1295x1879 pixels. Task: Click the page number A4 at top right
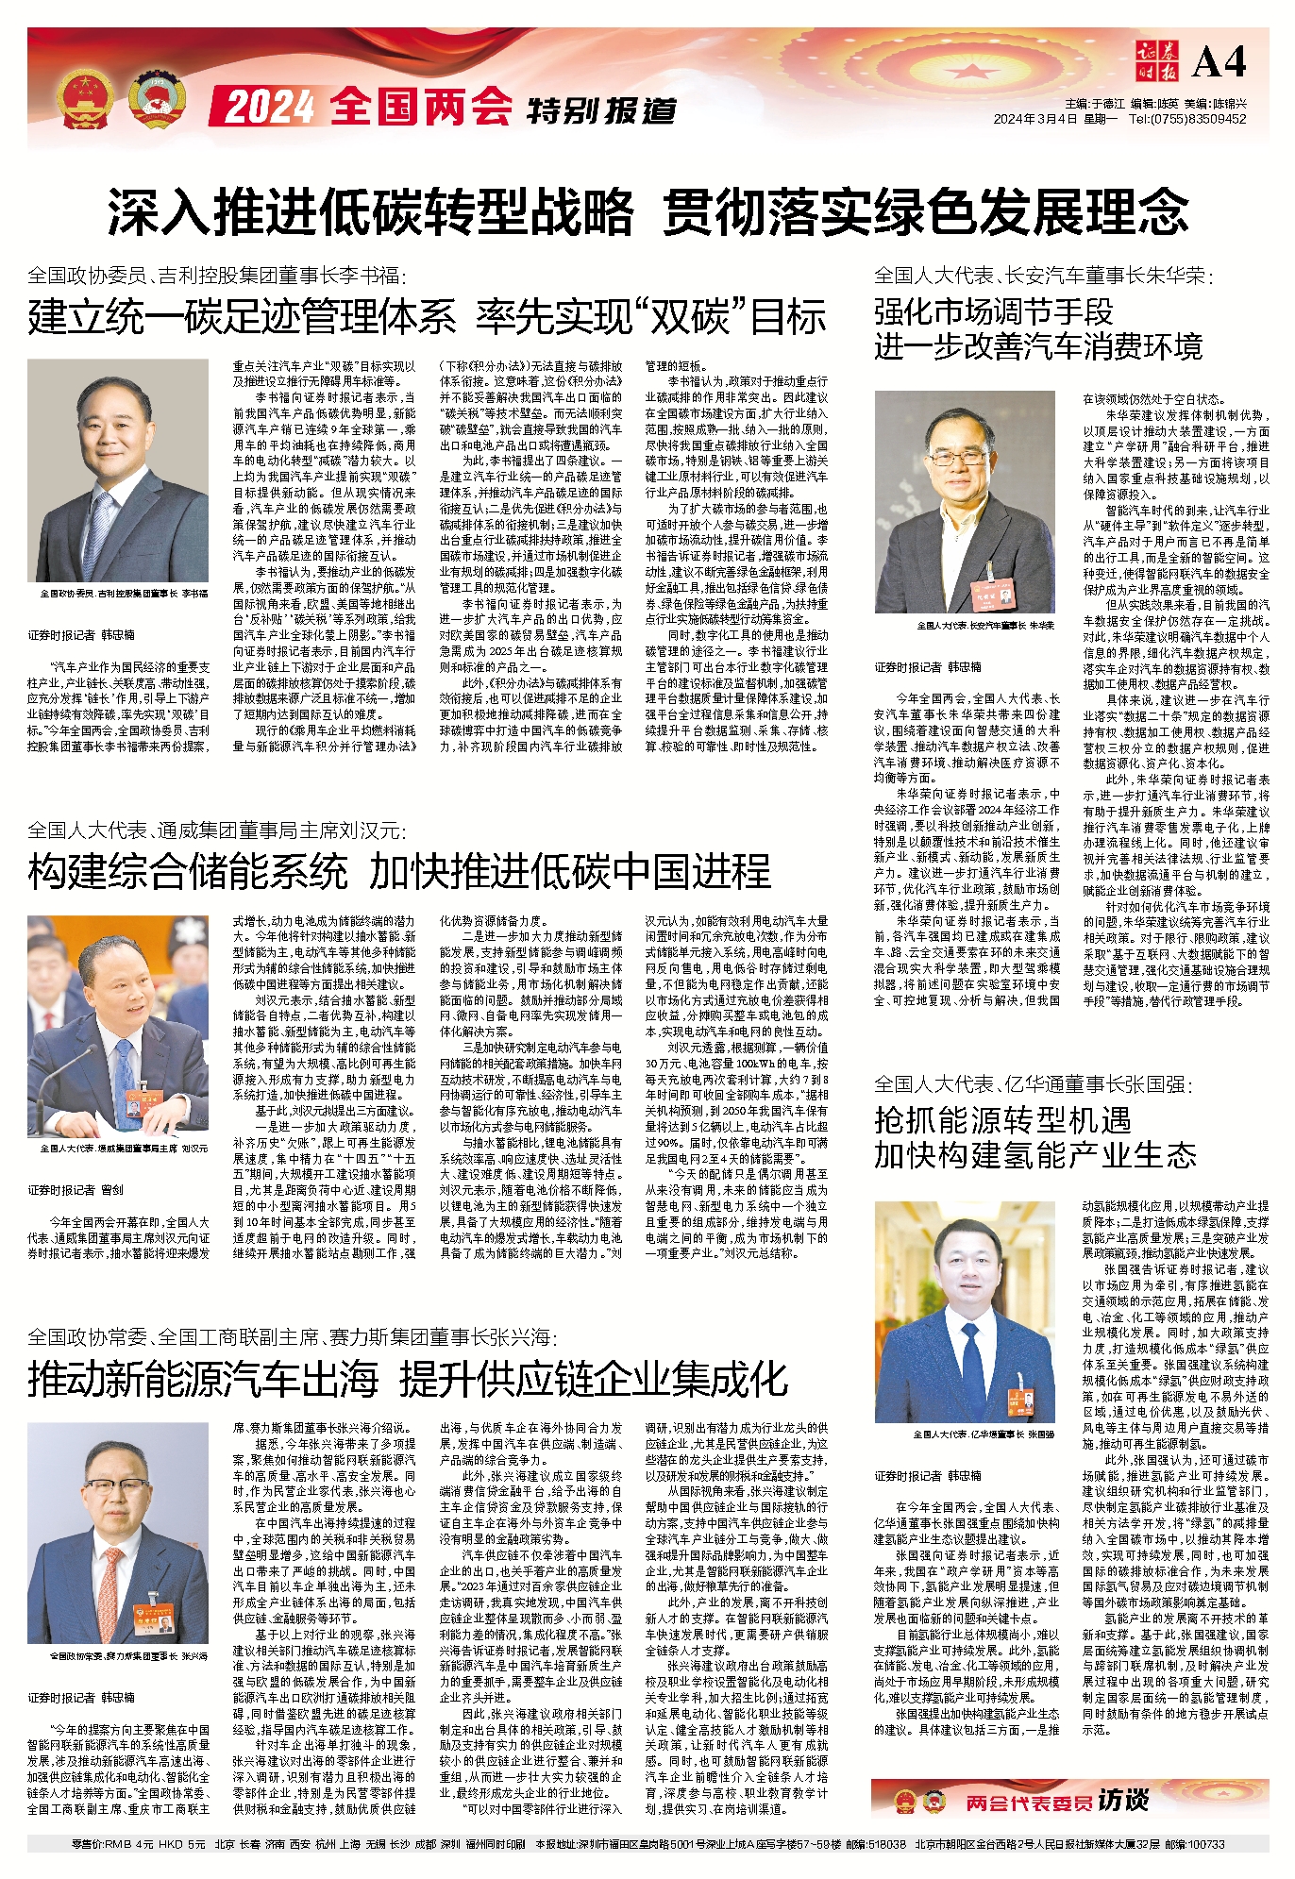point(1219,62)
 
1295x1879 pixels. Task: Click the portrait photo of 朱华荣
point(965,502)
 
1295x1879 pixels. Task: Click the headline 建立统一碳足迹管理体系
point(242,317)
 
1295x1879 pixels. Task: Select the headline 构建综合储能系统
point(188,871)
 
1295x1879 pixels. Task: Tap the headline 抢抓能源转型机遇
point(1002,1120)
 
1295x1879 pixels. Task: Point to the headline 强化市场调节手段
point(993,311)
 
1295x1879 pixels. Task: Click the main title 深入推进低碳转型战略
point(370,210)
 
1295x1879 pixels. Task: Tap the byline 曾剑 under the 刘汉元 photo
point(111,1190)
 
